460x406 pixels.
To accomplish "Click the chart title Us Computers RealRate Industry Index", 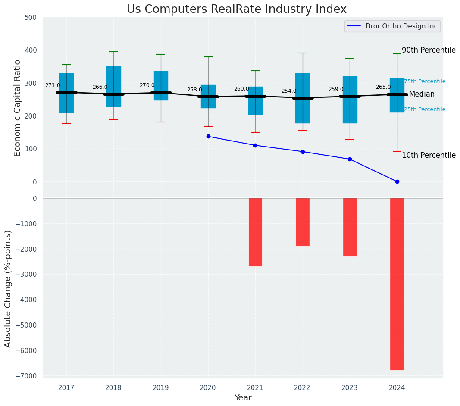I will click(236, 9).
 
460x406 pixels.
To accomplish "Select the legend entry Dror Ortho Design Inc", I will click(401, 26).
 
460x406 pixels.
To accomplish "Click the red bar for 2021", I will click(255, 232).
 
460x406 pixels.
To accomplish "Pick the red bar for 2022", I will click(302, 222).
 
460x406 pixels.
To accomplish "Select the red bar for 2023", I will click(350, 227).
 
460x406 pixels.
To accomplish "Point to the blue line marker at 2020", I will click(208, 136).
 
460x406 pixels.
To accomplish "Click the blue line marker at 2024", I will click(397, 181).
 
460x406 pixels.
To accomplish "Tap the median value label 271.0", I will click(53, 86).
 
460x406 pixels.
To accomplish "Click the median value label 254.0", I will click(289, 91).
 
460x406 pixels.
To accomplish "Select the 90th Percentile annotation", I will click(429, 50).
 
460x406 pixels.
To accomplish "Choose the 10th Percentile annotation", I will click(429, 156).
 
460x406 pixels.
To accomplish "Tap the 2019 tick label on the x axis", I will click(161, 388).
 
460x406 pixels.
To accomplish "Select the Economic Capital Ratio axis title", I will click(18, 108).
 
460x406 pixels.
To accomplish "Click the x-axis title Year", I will click(243, 398).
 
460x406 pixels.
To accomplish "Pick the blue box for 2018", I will click(114, 86).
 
